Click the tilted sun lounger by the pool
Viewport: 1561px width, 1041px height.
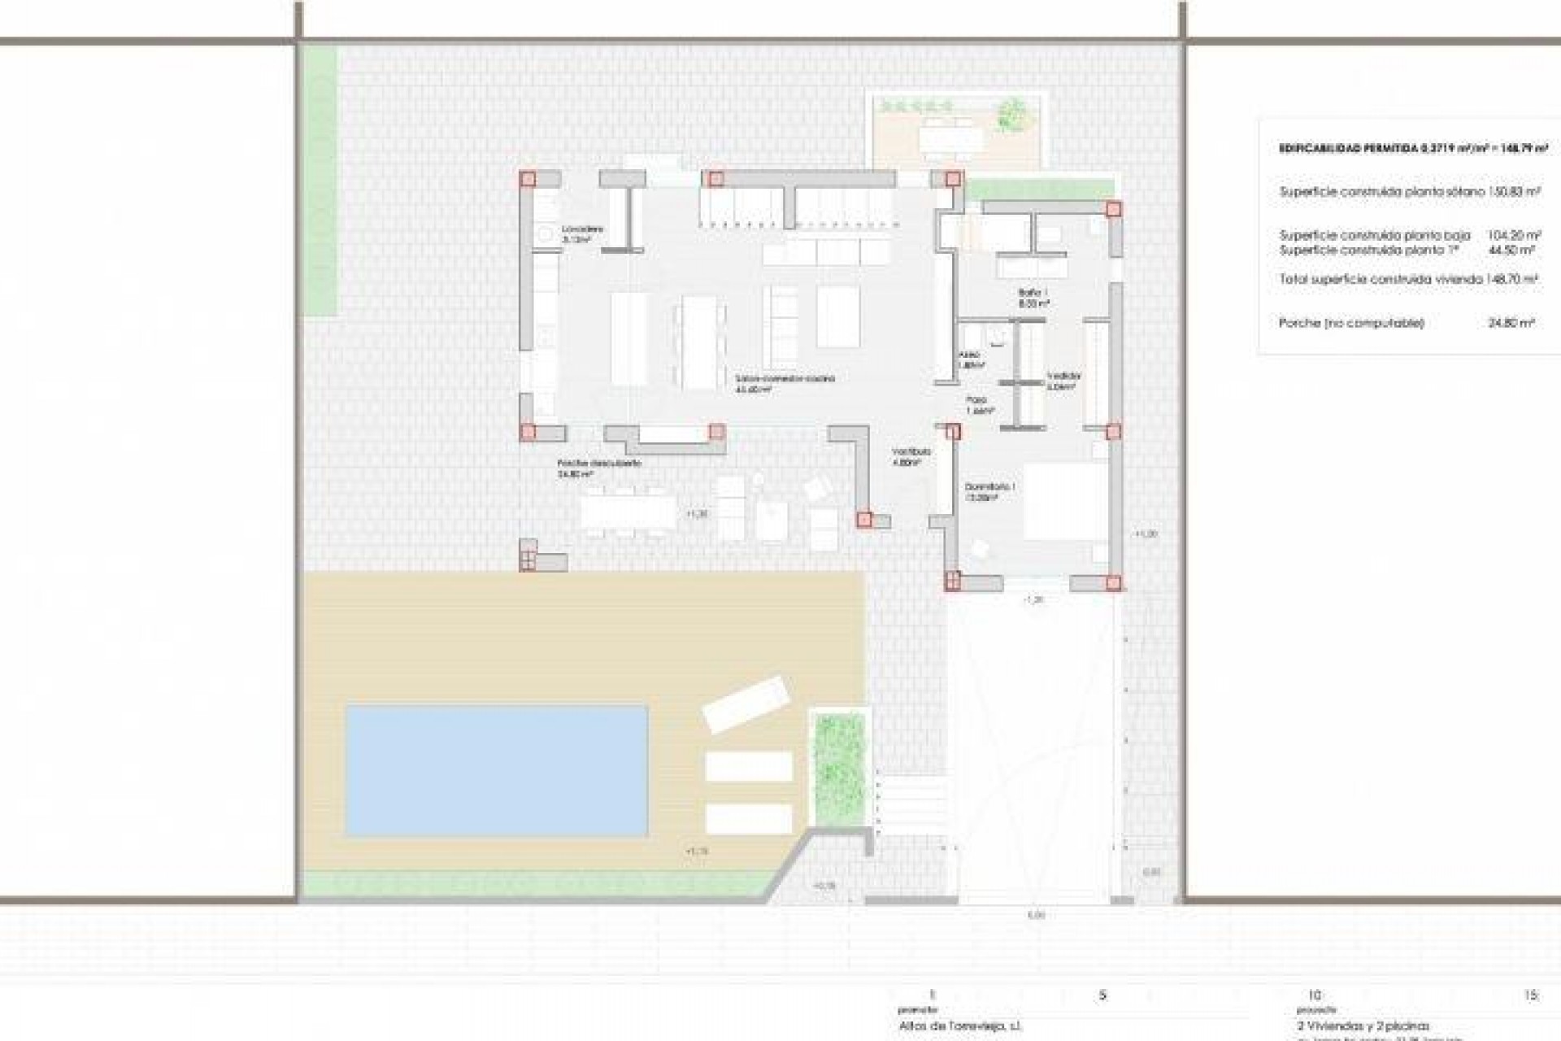pos(746,704)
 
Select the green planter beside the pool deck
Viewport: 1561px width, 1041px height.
pos(840,760)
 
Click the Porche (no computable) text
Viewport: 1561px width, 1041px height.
pos(1351,323)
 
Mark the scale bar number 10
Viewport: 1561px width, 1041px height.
pos(1315,995)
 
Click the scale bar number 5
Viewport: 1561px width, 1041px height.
pos(1102,995)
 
